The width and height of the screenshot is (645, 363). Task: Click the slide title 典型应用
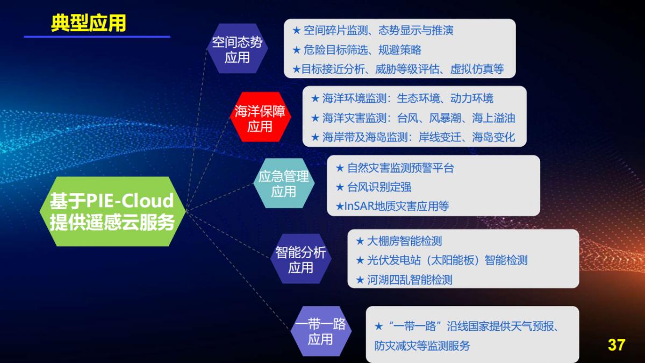tap(88, 23)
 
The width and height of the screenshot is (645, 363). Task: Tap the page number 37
tap(617, 345)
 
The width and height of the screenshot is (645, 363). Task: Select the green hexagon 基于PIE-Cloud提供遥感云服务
tap(112, 211)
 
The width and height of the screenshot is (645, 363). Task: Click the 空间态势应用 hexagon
tap(237, 49)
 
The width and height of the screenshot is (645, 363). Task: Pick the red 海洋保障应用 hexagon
tap(260, 119)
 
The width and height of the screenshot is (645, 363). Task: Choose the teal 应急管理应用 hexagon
tap(283, 183)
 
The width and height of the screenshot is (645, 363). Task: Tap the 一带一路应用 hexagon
tap(320, 331)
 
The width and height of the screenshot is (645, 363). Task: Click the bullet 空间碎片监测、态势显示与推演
tap(378, 31)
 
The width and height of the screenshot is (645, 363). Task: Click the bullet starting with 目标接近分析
tap(398, 69)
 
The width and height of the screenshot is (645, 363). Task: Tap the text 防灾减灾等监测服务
tap(422, 346)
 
